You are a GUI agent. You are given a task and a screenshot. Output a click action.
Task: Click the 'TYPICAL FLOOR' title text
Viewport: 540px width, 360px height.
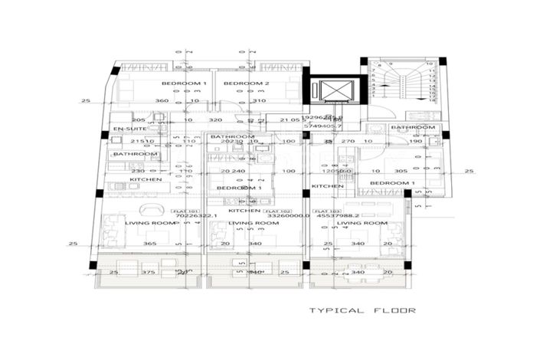(x=362, y=311)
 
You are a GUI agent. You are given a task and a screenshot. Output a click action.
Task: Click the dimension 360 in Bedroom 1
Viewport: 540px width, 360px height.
(x=162, y=100)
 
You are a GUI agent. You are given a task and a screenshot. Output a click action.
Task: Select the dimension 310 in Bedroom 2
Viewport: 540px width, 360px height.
(x=258, y=100)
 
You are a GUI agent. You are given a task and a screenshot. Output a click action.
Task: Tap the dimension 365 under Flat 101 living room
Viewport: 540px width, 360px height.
(x=150, y=244)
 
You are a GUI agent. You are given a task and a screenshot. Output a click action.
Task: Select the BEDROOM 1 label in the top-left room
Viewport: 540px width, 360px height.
(x=184, y=83)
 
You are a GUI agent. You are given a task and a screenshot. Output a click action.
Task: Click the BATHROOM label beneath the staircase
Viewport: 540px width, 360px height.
(x=413, y=127)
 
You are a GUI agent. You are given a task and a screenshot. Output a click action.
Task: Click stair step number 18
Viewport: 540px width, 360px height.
(x=434, y=100)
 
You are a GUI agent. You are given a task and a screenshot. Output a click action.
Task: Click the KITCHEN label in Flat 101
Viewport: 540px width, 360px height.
(x=146, y=179)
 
